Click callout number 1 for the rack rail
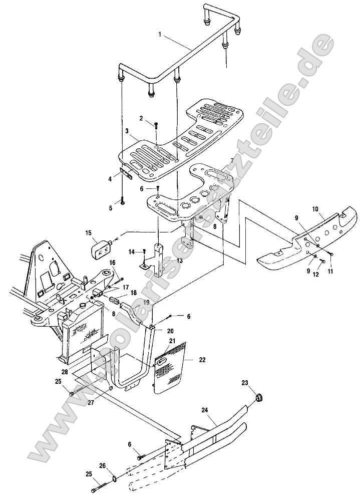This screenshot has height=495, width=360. [160, 35]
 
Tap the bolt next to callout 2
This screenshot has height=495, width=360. [156, 126]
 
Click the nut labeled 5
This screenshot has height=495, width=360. [122, 202]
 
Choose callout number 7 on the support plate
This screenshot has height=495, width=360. [232, 161]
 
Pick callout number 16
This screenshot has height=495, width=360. [113, 262]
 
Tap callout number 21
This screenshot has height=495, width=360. [172, 341]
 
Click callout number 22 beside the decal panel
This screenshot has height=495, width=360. [201, 360]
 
